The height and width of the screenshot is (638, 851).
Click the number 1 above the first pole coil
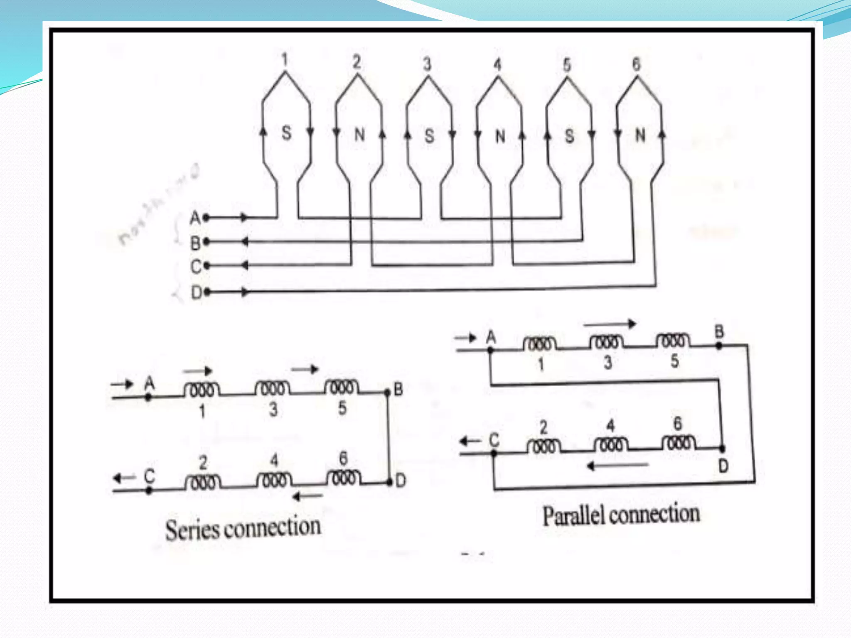click(285, 60)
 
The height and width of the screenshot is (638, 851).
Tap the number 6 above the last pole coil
click(636, 64)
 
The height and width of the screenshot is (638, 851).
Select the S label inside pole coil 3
click(429, 136)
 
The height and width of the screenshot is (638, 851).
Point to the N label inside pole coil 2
click(359, 134)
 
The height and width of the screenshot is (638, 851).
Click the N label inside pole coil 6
click(640, 135)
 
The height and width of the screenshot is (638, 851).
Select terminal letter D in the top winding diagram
click(196, 293)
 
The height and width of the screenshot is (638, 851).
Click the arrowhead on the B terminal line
click(245, 242)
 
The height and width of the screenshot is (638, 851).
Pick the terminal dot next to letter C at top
click(207, 266)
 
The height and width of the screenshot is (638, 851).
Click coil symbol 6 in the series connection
click(343, 477)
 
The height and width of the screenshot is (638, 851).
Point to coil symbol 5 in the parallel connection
click(673, 341)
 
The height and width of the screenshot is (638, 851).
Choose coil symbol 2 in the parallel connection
click(544, 446)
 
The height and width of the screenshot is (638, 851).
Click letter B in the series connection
click(398, 390)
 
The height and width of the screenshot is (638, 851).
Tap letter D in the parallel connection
click(723, 466)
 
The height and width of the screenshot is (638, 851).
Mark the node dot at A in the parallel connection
click(491, 350)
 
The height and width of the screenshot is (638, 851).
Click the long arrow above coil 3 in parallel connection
click(610, 324)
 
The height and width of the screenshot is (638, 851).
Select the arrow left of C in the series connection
click(124, 478)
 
